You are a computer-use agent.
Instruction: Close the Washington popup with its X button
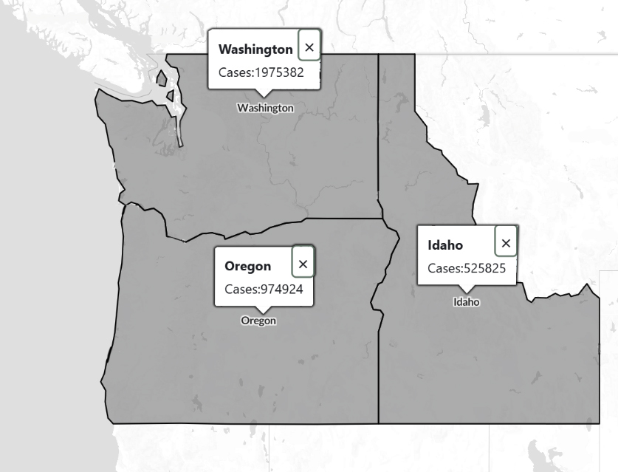tap(309, 47)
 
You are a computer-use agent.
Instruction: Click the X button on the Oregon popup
tap(303, 264)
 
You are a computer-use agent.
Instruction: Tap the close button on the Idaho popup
tap(506, 243)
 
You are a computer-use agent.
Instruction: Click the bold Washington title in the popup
tap(255, 49)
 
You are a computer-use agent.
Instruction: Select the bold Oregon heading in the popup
tap(247, 266)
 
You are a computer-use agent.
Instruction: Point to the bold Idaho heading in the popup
tap(445, 245)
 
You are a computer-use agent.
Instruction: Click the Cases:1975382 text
tap(261, 72)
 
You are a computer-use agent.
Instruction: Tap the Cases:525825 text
tap(467, 268)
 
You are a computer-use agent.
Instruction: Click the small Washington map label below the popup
tap(265, 108)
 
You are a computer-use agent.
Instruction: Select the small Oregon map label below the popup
tap(258, 321)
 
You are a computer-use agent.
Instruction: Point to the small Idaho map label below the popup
tap(467, 301)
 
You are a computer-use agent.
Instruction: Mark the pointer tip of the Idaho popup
tap(467, 291)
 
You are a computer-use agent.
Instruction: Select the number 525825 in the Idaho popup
tap(484, 268)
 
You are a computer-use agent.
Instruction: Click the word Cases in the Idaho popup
tap(444, 268)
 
